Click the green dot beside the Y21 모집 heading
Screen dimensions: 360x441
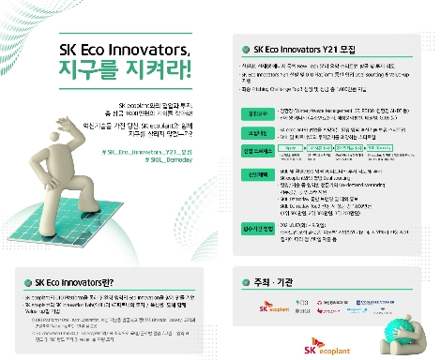[x=247, y=48]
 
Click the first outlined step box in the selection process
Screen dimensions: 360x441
[x=293, y=148]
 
